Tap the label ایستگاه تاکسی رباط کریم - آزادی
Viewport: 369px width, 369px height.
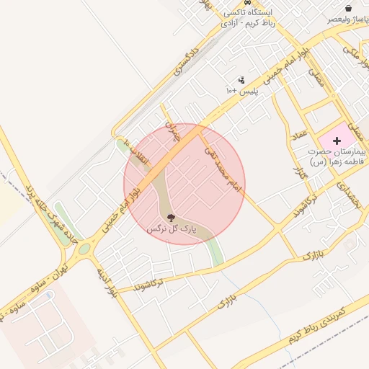pyautogui.click(x=249, y=19)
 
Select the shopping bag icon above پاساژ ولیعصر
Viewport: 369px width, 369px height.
pyautogui.click(x=348, y=8)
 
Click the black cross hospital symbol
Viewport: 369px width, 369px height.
pyautogui.click(x=338, y=138)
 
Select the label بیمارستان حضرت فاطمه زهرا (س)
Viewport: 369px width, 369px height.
pyautogui.click(x=337, y=158)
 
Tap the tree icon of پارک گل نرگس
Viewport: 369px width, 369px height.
pyautogui.click(x=171, y=217)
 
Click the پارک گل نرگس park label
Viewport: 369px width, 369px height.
pyautogui.click(x=172, y=228)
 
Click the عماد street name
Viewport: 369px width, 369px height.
pyautogui.click(x=300, y=134)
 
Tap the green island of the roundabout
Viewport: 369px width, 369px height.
pyautogui.click(x=84, y=249)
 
